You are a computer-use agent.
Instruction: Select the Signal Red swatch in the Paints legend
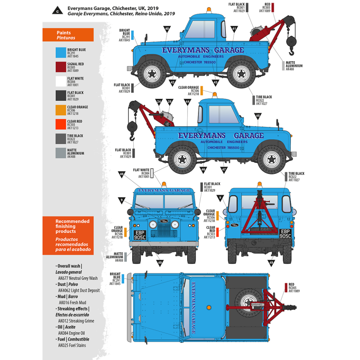[60, 67]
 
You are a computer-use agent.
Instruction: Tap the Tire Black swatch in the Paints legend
[60, 139]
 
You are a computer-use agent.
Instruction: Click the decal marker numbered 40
[167, 29]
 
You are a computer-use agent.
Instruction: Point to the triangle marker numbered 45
[257, 116]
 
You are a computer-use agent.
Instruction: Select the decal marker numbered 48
[122, 174]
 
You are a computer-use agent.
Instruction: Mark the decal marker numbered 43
[216, 82]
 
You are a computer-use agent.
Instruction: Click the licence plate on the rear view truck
[286, 233]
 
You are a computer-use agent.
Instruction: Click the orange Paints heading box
[67, 35]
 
